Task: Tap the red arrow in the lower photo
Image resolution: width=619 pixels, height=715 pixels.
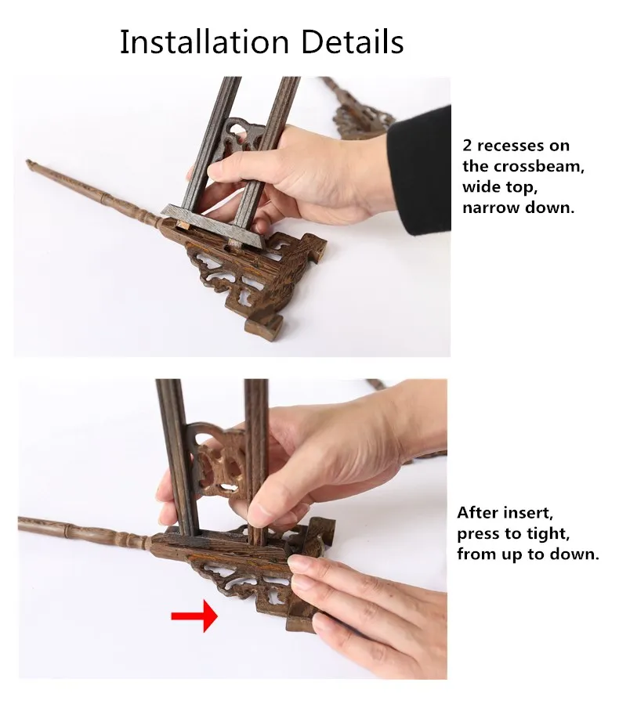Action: pos(194,616)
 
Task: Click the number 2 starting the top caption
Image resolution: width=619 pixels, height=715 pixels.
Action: pos(467,146)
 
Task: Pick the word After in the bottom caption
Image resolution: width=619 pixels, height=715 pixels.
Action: pos(480,514)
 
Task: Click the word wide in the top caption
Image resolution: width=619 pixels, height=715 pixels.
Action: pos(480,187)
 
